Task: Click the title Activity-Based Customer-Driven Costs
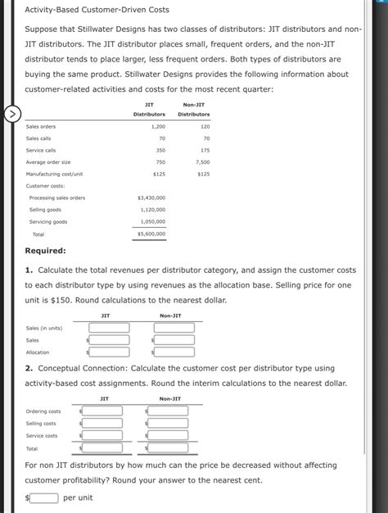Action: click(x=97, y=10)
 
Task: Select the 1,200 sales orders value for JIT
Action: click(x=158, y=127)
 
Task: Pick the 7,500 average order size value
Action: click(x=202, y=162)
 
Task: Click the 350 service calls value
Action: click(x=160, y=151)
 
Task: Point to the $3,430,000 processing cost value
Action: click(x=151, y=197)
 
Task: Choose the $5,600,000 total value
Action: click(x=151, y=234)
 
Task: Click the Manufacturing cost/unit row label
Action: click(x=54, y=174)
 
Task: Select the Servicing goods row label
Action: click(x=48, y=222)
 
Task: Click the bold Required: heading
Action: click(x=46, y=251)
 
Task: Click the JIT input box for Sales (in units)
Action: click(x=110, y=328)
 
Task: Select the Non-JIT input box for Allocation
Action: click(x=174, y=352)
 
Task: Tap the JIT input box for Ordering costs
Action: click(x=103, y=411)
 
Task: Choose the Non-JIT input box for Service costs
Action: click(x=169, y=436)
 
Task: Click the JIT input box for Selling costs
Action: click(x=103, y=424)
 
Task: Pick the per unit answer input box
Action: click(x=45, y=497)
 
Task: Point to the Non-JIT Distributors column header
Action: click(x=194, y=109)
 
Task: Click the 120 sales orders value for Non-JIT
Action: click(x=205, y=127)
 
